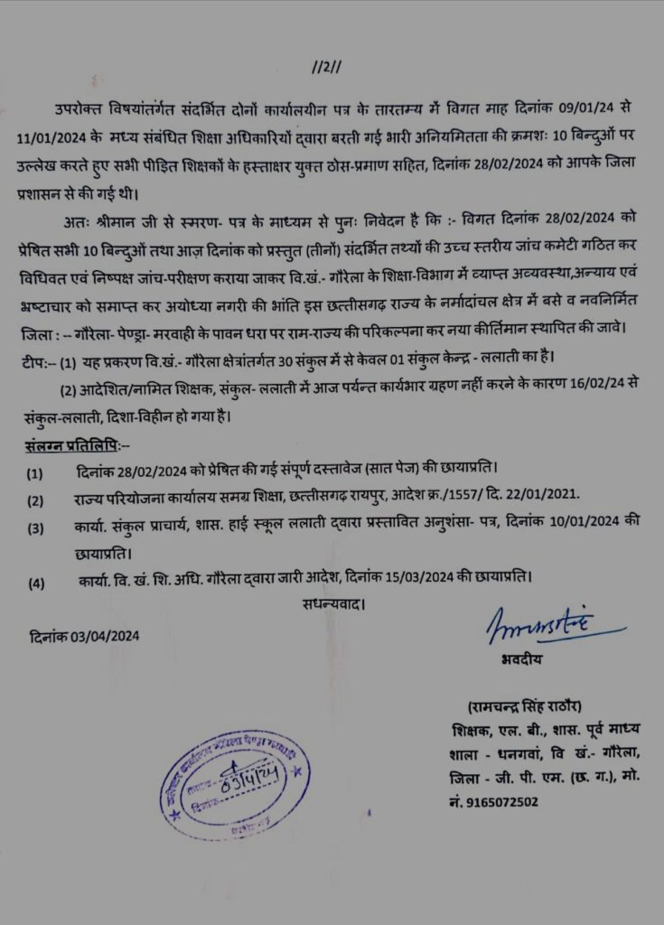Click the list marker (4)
35,583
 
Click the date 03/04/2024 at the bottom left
84,634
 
